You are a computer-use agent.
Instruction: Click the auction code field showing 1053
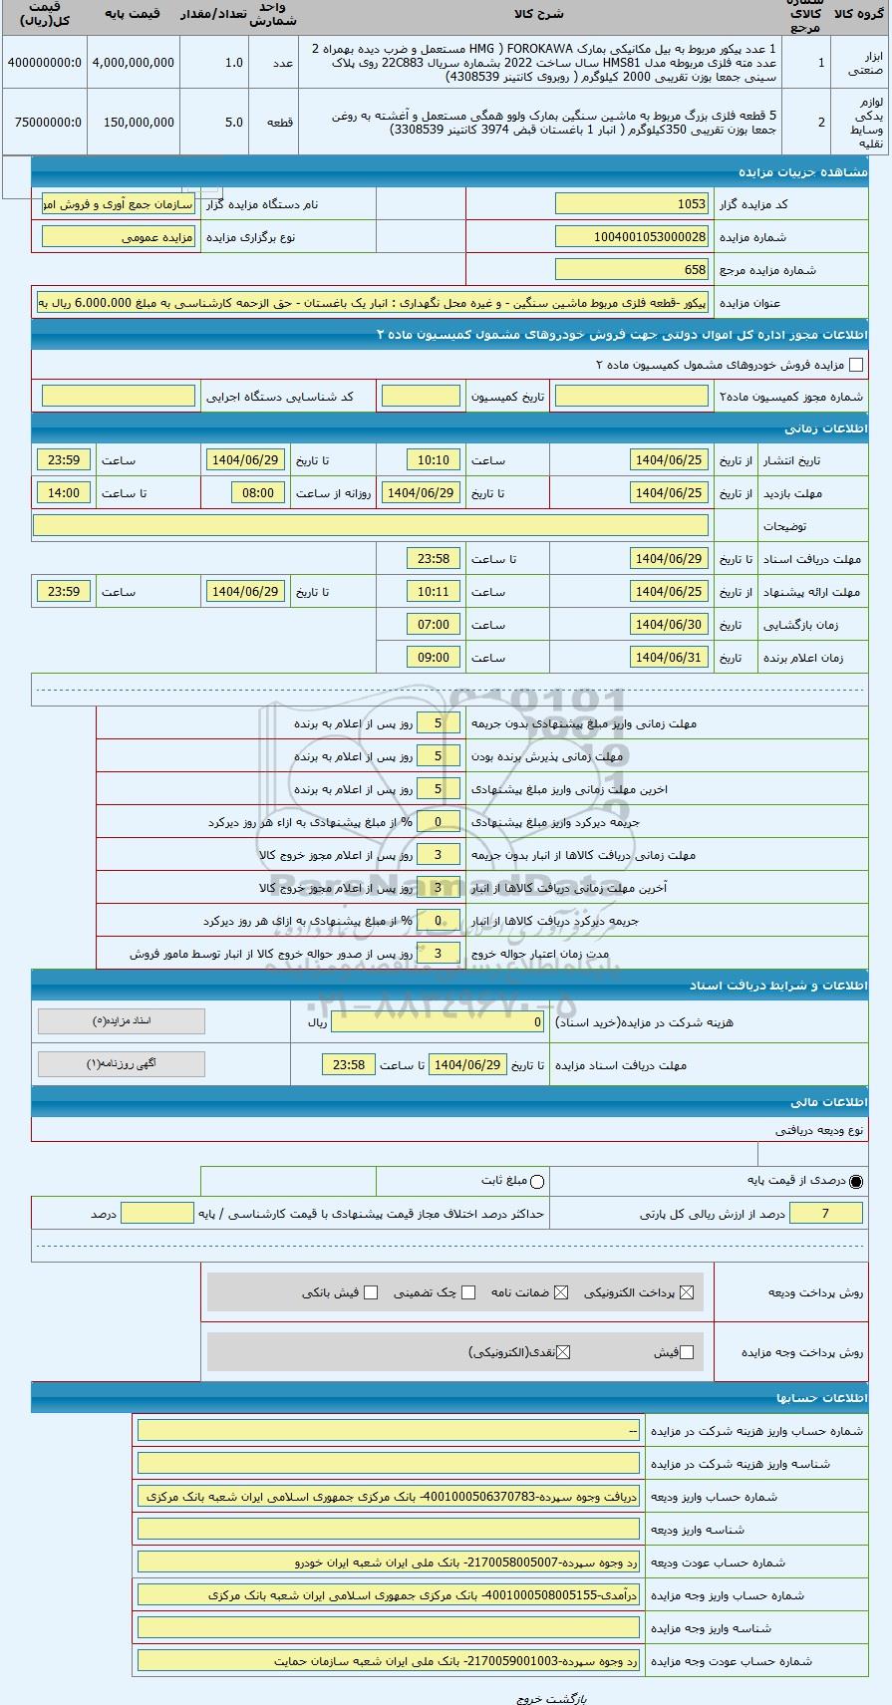631,204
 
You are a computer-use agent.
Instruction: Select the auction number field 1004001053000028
631,237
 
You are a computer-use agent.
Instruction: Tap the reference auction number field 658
631,270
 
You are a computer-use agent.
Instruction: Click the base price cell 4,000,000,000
133,63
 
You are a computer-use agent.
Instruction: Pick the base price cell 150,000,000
133,123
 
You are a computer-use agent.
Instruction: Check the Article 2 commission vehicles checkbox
855,366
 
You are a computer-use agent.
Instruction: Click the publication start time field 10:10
434,460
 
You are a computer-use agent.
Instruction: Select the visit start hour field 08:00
258,493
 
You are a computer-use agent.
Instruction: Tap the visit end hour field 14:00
63,493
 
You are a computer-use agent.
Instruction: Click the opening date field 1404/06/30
669,625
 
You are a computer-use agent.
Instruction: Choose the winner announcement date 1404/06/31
669,658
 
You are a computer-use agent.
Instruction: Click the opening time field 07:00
434,625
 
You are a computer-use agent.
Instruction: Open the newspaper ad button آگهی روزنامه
121,1064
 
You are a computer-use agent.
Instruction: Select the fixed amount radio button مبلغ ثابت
538,1182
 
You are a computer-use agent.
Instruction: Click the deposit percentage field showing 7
826,1214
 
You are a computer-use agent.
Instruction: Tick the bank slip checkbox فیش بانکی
371,1292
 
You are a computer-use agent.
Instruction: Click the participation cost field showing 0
438,1022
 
